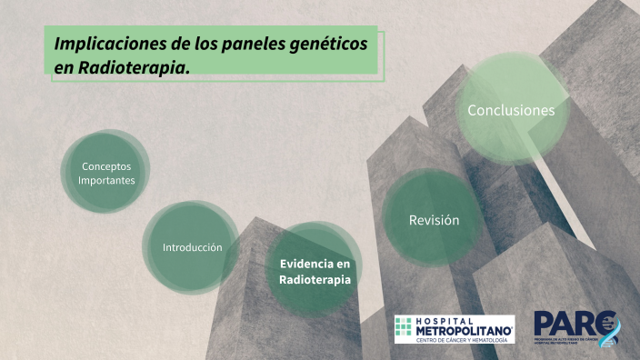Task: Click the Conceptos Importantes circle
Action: click(x=106, y=173)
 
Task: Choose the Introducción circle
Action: click(x=192, y=247)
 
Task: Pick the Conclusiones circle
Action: click(x=510, y=110)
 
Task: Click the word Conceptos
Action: click(x=106, y=166)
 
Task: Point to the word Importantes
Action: click(x=106, y=180)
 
